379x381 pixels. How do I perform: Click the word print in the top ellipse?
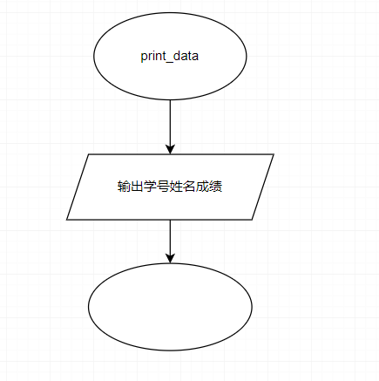pyautogui.click(x=152, y=56)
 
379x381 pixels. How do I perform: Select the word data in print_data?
pyautogui.click(x=186, y=56)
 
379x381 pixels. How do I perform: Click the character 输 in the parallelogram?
pyautogui.click(x=123, y=187)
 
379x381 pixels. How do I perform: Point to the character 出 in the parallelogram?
pyautogui.click(x=135, y=187)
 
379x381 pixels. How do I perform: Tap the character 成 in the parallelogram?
pyautogui.click(x=201, y=187)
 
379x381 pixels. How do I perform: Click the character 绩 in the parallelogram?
pyautogui.click(x=216, y=187)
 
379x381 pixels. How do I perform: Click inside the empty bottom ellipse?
pyautogui.click(x=170, y=307)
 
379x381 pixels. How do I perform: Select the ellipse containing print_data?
pyautogui.click(x=170, y=56)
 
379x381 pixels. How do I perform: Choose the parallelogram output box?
pyautogui.click(x=170, y=187)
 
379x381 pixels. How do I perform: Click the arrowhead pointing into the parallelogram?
pyautogui.click(x=170, y=149)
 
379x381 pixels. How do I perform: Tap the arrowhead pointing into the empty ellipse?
pyautogui.click(x=170, y=258)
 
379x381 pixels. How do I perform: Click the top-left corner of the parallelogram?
pyautogui.click(x=88, y=154)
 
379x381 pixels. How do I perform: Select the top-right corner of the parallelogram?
pyautogui.click(x=274, y=154)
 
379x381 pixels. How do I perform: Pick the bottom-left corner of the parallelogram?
pyautogui.click(x=67, y=220)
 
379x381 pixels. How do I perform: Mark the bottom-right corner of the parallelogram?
pyautogui.click(x=252, y=220)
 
